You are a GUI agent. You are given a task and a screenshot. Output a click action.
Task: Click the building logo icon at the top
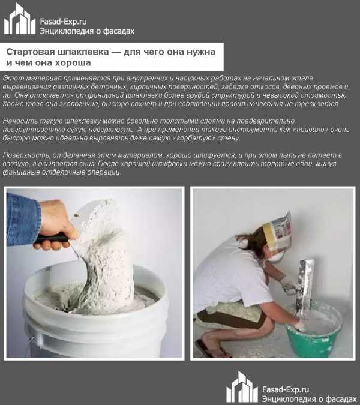[x=20, y=19]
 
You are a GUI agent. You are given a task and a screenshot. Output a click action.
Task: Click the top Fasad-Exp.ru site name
[x=63, y=22]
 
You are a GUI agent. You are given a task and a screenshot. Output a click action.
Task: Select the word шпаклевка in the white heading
[x=83, y=52]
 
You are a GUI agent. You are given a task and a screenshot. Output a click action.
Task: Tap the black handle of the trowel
[x=51, y=238]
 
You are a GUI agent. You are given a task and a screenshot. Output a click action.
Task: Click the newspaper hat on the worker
[x=278, y=234]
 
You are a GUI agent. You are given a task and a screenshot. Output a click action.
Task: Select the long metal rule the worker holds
[x=305, y=287]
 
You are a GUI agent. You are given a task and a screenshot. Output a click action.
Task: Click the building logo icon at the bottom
[x=242, y=386]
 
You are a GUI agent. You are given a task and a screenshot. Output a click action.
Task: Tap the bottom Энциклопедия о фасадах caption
[x=310, y=399]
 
